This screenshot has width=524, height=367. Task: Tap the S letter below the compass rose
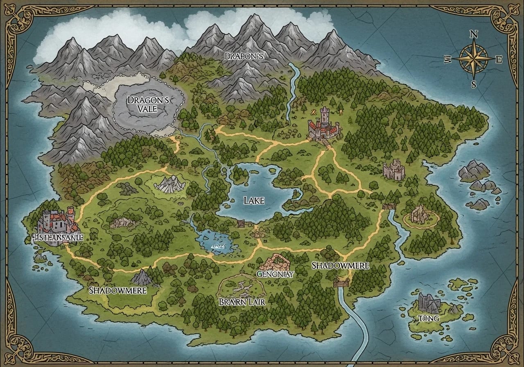click(x=474, y=84)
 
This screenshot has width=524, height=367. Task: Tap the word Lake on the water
click(x=254, y=200)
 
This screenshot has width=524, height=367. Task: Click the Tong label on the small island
click(x=428, y=318)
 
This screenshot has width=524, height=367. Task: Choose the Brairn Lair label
click(x=243, y=302)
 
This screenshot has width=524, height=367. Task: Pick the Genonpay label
click(x=275, y=274)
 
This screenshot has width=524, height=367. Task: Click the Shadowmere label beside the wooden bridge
click(x=340, y=265)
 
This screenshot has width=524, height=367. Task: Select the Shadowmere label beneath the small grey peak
click(x=118, y=290)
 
